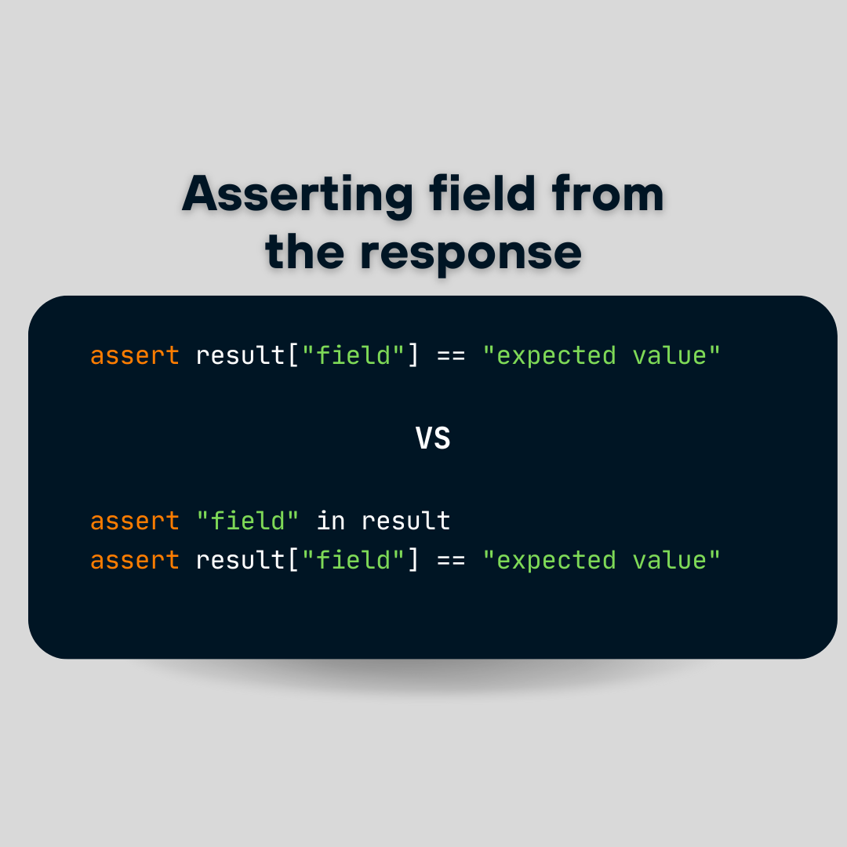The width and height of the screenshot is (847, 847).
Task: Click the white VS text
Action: click(x=433, y=438)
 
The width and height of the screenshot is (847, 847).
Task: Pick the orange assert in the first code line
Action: click(x=135, y=356)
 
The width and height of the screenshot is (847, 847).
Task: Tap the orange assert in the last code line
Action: click(x=135, y=560)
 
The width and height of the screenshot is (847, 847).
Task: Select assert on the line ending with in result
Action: click(x=135, y=522)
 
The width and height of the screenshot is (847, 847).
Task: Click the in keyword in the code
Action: click(x=331, y=521)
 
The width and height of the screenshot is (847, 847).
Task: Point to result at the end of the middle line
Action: click(x=405, y=521)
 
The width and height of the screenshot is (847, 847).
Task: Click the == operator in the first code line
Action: click(x=451, y=357)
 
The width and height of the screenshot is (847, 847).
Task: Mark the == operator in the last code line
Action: click(x=451, y=561)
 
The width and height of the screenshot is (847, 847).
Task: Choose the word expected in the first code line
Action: click(x=556, y=357)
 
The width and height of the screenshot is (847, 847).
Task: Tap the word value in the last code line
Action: click(x=670, y=560)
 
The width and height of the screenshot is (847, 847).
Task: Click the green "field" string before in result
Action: click(x=247, y=520)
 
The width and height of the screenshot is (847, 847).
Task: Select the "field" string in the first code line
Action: click(x=353, y=355)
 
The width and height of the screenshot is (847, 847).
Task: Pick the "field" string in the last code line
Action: click(x=353, y=559)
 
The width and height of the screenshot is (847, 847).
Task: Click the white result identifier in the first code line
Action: click(x=240, y=355)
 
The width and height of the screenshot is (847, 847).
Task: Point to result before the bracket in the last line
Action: click(x=240, y=560)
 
